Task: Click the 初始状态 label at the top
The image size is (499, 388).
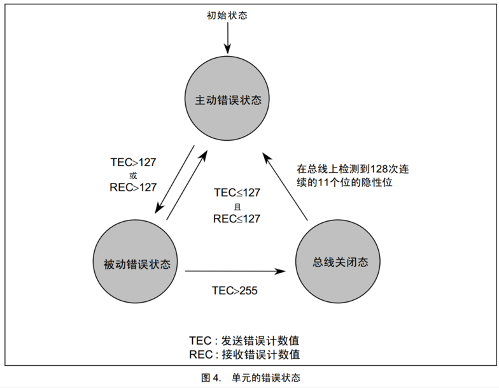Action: pos(227,15)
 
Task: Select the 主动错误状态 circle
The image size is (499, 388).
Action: pos(228,100)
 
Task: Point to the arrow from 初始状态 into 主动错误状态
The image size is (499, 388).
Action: pos(227,38)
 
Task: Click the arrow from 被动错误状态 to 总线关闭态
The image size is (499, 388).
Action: pos(235,271)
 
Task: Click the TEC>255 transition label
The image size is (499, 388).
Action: pos(235,290)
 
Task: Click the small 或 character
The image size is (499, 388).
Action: pos(133,175)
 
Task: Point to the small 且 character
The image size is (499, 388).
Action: pos(237,206)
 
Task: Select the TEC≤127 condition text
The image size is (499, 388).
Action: pos(237,193)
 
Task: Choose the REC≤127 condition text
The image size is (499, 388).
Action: pos(237,219)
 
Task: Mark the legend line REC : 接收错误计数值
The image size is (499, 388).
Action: pos(244,354)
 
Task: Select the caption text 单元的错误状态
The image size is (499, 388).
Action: pos(267,377)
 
